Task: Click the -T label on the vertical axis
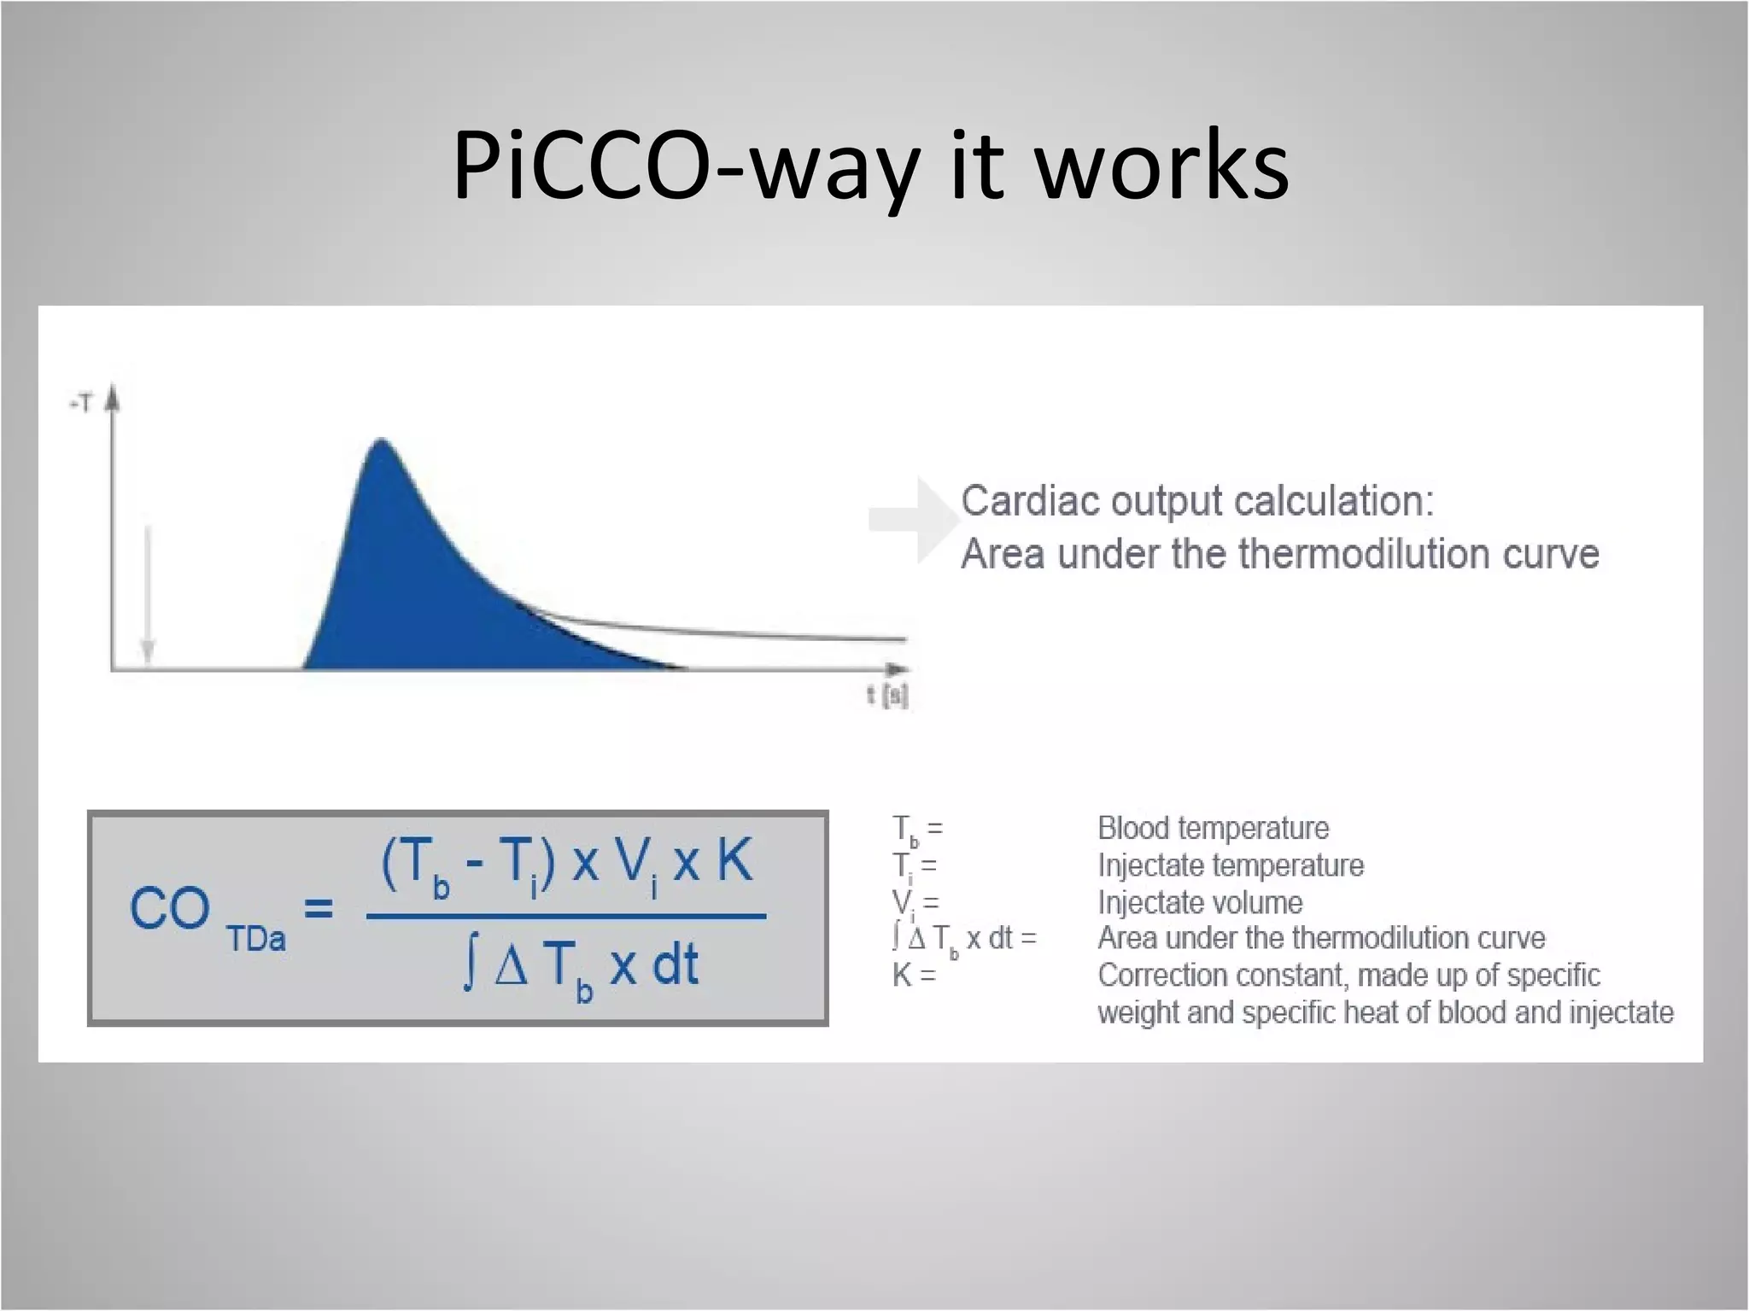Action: (x=80, y=404)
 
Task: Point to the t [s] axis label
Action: (x=887, y=696)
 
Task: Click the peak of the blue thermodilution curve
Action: (x=381, y=442)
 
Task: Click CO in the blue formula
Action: (x=169, y=908)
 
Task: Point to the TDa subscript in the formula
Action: (x=256, y=939)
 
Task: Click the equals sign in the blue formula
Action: (x=319, y=908)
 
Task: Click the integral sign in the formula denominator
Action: (x=469, y=966)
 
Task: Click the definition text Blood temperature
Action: (x=1213, y=828)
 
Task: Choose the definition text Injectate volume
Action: (x=1200, y=902)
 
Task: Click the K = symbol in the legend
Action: (x=914, y=975)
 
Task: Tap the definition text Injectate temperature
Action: (x=1231, y=865)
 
